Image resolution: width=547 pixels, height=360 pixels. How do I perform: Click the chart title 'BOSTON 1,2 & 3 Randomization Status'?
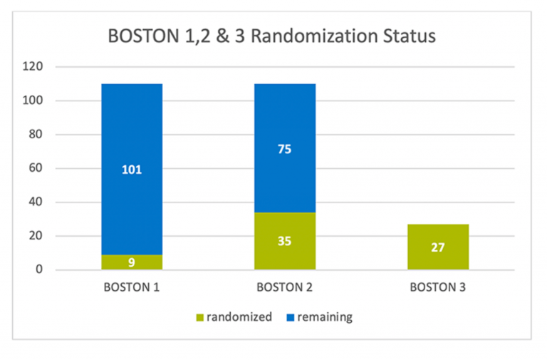point(270,36)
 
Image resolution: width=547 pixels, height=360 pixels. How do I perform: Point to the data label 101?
point(132,170)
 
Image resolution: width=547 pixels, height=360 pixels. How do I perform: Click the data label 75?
point(285,149)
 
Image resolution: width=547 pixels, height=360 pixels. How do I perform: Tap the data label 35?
point(285,241)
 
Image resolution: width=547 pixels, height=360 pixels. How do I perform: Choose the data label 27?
point(438,248)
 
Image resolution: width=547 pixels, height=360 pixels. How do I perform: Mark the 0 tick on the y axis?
point(40,270)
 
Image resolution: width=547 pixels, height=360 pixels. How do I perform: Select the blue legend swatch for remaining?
point(291,317)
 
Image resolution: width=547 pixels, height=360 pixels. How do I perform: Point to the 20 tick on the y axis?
point(37,236)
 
